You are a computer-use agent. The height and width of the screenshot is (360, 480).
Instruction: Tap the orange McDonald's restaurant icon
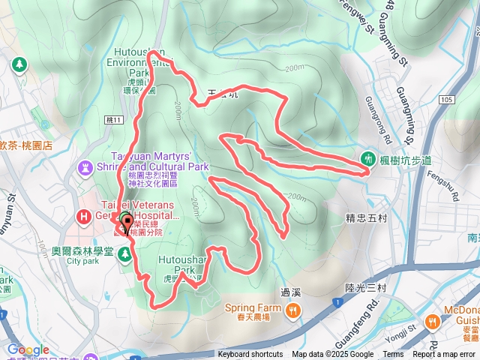(433, 321)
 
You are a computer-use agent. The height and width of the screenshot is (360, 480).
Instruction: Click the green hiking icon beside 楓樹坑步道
(368, 158)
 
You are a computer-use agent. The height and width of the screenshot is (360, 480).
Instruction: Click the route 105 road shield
(448, 99)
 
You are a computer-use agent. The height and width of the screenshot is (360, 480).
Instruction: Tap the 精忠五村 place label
(365, 218)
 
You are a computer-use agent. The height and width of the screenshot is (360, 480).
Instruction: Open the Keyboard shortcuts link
(250, 355)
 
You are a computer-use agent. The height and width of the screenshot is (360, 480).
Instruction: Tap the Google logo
(28, 349)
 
